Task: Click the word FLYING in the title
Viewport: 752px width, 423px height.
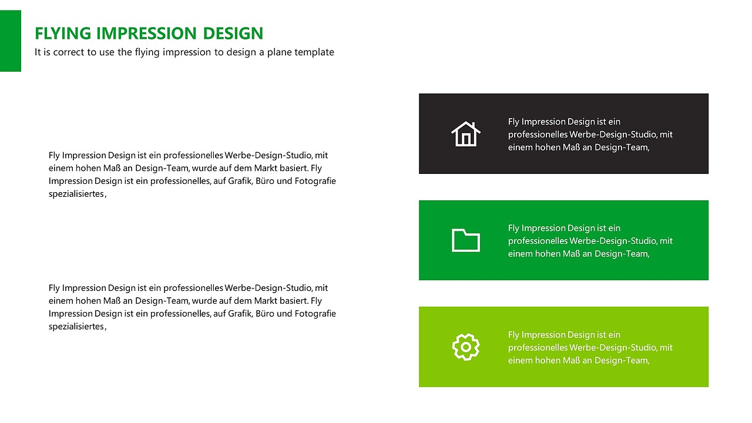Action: click(x=63, y=33)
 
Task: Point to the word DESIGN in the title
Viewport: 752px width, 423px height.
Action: click(x=233, y=33)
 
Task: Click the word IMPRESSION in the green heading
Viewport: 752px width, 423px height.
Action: click(x=146, y=33)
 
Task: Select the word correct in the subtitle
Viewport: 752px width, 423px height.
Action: click(x=69, y=52)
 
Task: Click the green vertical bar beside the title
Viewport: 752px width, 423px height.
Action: click(x=11, y=41)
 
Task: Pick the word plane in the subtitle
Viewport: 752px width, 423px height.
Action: click(x=278, y=52)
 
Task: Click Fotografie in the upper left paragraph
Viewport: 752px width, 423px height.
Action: click(x=315, y=181)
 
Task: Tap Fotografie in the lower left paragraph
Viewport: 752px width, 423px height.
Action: click(x=315, y=314)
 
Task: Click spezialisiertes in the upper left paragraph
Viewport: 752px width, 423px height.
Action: click(x=76, y=194)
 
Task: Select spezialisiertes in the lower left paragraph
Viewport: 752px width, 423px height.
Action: click(x=76, y=327)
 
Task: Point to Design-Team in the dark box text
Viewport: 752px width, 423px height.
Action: click(x=621, y=147)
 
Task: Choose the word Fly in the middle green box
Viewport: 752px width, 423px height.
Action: click(x=513, y=229)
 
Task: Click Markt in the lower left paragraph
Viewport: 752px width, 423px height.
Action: click(x=266, y=301)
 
